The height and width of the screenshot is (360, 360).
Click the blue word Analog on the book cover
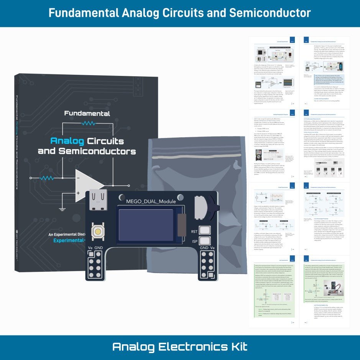[x=67, y=141]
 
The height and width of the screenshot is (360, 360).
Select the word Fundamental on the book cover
[x=87, y=113]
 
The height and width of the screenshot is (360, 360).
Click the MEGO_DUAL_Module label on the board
[x=151, y=201]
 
